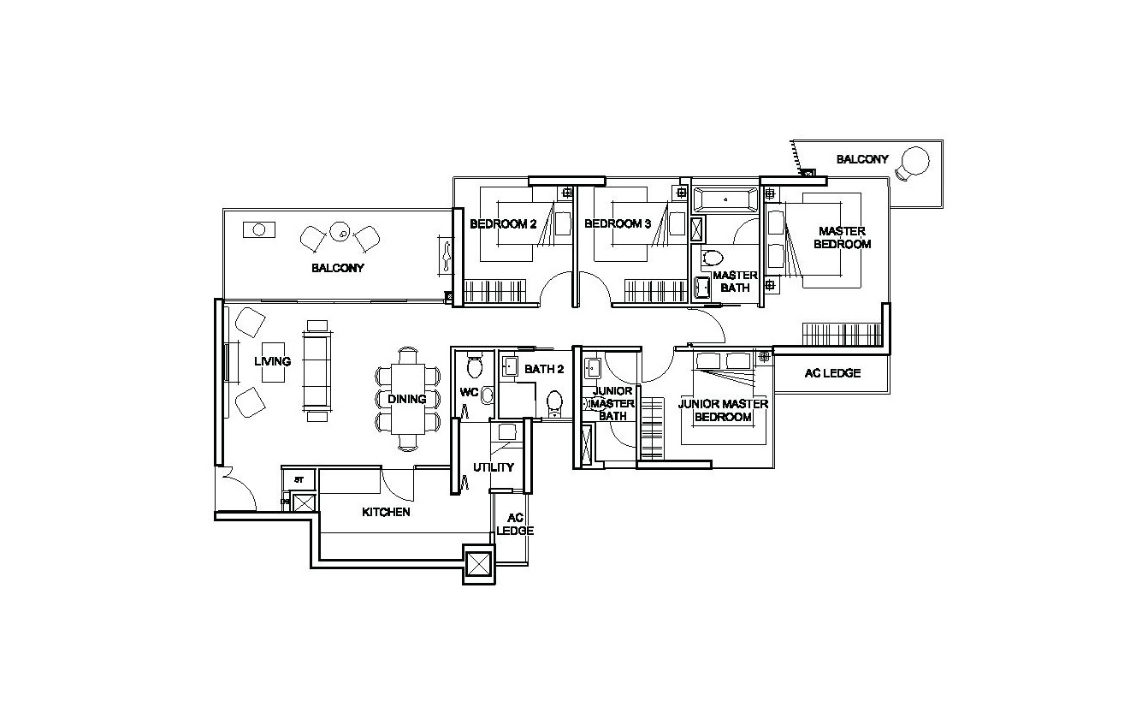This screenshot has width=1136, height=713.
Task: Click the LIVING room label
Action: click(x=272, y=361)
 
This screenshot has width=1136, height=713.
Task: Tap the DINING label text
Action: click(x=406, y=399)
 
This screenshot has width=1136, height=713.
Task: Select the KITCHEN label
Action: click(x=386, y=512)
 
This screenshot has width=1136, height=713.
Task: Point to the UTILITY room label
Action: click(x=494, y=467)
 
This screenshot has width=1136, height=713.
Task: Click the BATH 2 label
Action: click(x=544, y=370)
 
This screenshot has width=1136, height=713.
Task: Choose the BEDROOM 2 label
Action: click(x=503, y=224)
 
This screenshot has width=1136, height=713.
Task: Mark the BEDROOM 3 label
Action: click(x=618, y=224)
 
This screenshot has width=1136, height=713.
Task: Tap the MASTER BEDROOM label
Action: click(x=842, y=237)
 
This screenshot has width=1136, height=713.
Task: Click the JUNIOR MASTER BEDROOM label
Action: click(x=723, y=410)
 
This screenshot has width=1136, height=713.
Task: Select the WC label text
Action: click(x=468, y=393)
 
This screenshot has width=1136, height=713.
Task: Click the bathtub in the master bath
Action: click(x=725, y=200)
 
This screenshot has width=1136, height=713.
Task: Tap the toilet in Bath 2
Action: click(x=554, y=401)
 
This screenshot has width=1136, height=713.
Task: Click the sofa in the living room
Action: click(x=317, y=371)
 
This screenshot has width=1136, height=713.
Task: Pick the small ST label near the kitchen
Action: click(x=299, y=480)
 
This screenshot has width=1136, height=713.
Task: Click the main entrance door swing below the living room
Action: click(x=238, y=491)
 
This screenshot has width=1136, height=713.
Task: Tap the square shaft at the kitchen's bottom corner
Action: click(x=478, y=564)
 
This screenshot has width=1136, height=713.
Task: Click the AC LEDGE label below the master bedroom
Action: click(x=832, y=373)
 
